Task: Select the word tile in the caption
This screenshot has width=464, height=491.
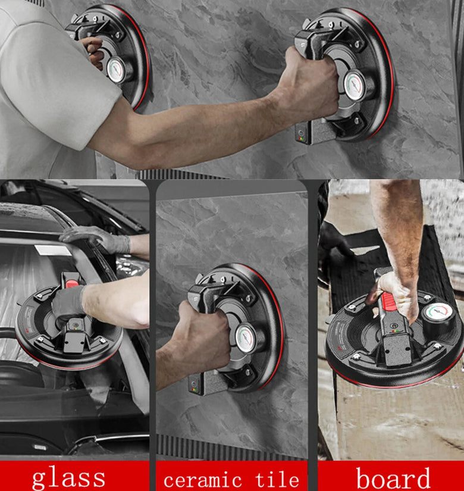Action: click(x=277, y=479)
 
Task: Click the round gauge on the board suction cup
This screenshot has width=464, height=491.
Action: click(x=438, y=312)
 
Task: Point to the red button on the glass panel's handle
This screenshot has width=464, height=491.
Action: click(x=72, y=284)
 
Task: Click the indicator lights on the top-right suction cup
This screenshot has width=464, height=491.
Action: click(x=301, y=139)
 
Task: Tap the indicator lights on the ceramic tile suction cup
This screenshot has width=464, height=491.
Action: click(x=195, y=390)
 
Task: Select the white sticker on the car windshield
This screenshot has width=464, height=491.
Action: click(x=53, y=250)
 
